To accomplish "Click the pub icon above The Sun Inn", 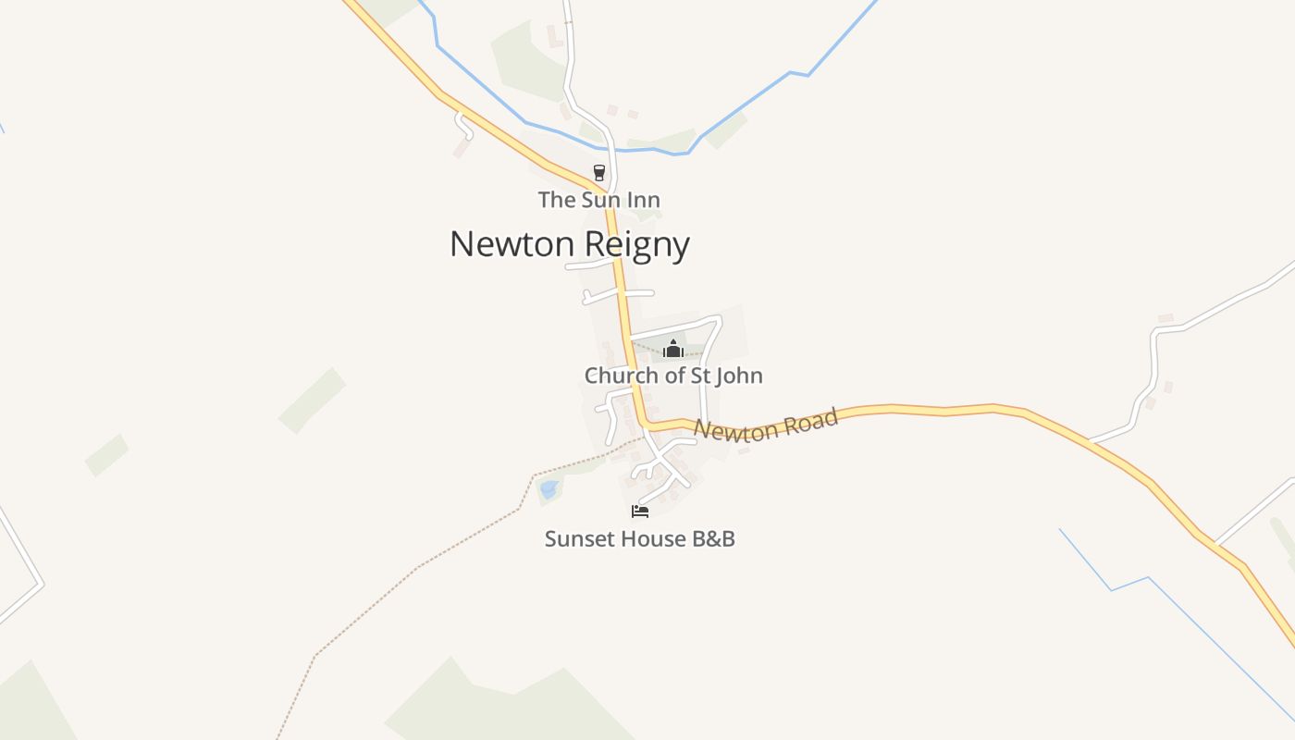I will (599, 173).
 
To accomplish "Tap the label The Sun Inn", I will (599, 200).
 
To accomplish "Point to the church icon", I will (673, 349).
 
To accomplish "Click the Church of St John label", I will (673, 376).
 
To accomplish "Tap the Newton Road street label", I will (766, 425).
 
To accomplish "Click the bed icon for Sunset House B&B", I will (640, 511).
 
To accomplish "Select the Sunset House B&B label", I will (640, 538).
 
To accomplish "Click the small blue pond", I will (549, 488).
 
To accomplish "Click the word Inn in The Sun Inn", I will (645, 200).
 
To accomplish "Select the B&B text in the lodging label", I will (713, 538).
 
